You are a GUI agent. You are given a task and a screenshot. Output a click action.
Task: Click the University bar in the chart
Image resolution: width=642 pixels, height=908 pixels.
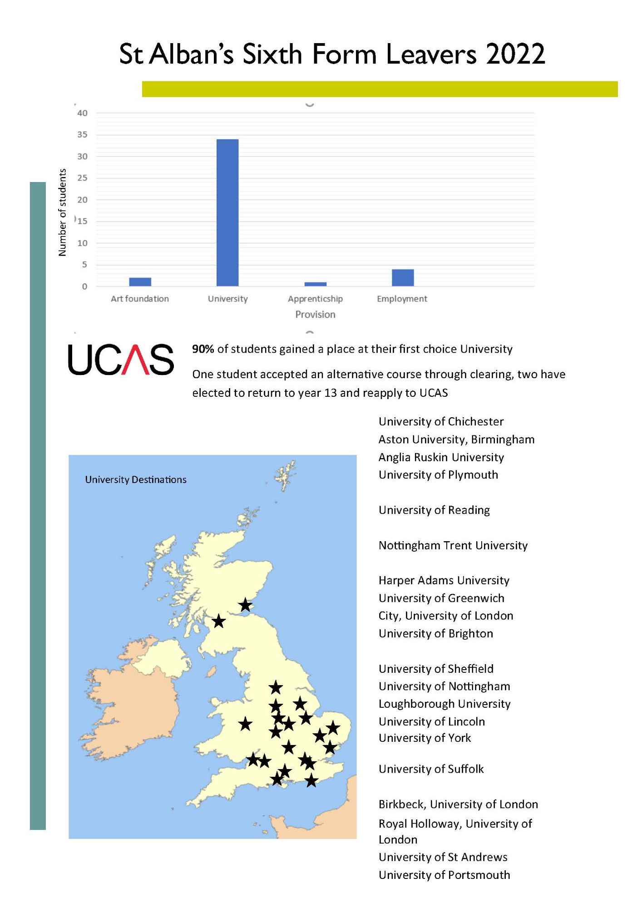227,212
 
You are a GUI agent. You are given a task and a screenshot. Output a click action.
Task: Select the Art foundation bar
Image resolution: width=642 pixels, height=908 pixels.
140,282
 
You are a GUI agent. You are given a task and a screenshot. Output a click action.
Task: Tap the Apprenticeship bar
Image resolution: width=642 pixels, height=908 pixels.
315,284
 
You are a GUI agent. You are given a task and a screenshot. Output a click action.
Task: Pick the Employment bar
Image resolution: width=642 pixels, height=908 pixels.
403,278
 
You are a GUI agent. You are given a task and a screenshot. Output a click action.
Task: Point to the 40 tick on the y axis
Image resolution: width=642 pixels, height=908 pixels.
82,113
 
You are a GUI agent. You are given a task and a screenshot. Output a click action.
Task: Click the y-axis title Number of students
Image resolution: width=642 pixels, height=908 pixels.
63,212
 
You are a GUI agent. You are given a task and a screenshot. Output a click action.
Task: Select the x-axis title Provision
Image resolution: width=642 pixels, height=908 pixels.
315,315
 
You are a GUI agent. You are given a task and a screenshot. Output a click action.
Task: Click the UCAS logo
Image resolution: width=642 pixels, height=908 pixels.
121,360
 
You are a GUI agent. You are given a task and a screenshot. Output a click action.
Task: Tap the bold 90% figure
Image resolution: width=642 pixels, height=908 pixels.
203,349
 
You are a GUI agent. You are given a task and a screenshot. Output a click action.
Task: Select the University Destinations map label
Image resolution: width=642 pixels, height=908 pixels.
136,480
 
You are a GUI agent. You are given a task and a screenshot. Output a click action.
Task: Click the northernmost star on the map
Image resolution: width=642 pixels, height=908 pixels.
246,605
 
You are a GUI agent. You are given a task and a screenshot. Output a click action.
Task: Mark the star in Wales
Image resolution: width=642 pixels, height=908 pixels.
245,724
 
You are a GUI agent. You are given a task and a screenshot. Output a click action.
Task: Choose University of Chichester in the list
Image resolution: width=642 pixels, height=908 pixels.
441,422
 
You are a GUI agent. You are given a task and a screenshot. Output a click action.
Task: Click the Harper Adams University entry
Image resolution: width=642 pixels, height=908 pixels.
444,581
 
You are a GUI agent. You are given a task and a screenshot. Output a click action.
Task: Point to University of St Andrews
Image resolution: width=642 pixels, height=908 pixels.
443,857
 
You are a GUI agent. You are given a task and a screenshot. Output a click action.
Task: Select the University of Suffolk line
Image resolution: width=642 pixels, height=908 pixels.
431,769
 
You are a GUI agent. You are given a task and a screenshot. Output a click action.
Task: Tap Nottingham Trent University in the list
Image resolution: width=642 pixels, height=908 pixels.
453,545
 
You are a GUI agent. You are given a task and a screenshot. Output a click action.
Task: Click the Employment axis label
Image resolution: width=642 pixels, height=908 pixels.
402,299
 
